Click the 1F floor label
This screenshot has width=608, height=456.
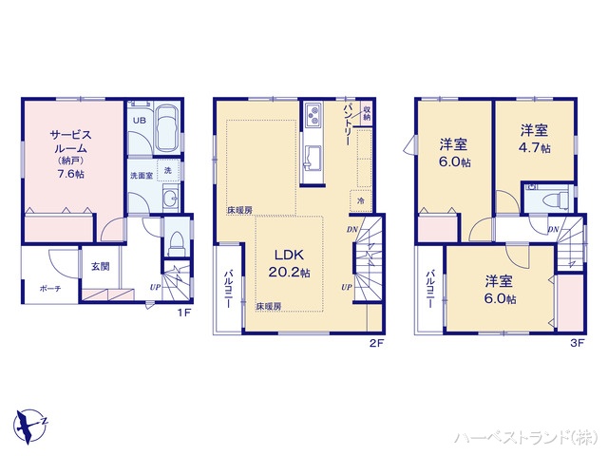188,311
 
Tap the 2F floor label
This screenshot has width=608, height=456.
375,343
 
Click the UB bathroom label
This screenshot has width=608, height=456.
139,121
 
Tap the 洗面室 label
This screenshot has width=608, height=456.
142,176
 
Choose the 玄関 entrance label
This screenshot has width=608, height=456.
101,267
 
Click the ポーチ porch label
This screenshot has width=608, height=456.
50,288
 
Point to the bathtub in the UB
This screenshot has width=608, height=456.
168,128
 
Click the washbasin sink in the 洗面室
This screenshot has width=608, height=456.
170,199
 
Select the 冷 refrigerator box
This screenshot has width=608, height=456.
361,201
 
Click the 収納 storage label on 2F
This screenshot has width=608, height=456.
367,115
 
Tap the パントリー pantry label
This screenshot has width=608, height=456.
348,123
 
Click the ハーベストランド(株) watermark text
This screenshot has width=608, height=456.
528,437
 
